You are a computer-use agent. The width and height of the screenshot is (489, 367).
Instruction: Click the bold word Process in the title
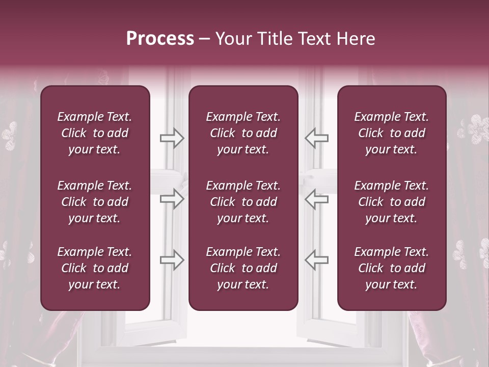[x=160, y=39]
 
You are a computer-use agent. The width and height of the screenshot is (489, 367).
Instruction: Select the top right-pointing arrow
[x=172, y=138]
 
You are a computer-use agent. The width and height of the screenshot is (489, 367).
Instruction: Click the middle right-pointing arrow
[x=172, y=199]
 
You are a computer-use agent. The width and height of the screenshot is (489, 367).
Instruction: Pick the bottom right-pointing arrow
[x=172, y=260]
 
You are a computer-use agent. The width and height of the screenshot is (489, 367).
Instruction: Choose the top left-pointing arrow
[x=316, y=138]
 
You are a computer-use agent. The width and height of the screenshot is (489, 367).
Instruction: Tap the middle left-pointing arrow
[x=316, y=199]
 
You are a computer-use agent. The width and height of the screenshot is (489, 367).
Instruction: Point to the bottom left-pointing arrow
[x=316, y=260]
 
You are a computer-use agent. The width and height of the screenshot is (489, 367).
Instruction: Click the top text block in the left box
[x=95, y=133]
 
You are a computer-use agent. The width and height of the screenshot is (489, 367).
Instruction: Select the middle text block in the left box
[x=95, y=202]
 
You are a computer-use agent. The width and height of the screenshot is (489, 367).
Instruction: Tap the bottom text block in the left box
[x=95, y=268]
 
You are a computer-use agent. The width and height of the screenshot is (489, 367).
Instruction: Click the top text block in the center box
[x=243, y=133]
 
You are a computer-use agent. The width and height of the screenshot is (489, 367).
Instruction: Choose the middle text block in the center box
[x=243, y=202]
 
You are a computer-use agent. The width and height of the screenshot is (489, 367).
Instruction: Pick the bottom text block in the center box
[x=243, y=268]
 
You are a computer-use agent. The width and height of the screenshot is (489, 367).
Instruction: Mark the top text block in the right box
[x=392, y=133]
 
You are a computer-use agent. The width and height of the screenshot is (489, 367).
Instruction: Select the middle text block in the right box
[x=392, y=202]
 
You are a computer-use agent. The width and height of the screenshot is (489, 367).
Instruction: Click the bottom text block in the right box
[x=392, y=268]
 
